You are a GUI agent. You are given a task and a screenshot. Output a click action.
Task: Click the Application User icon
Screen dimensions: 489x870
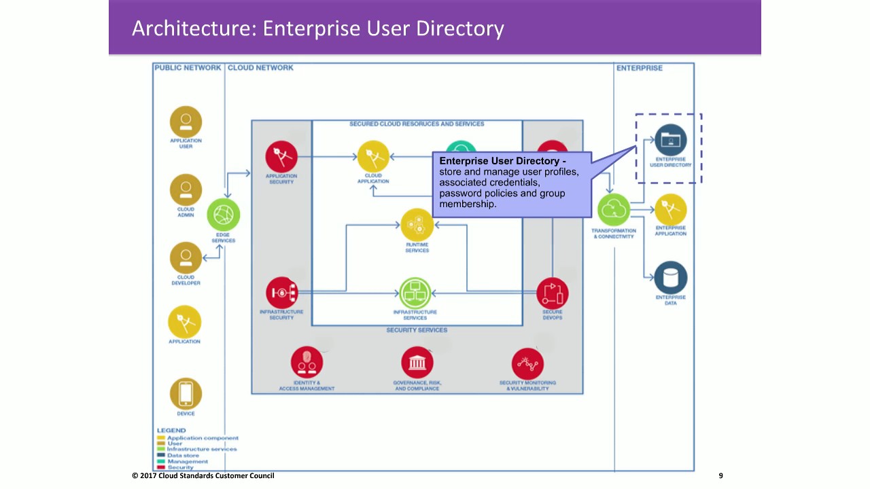point(186,122)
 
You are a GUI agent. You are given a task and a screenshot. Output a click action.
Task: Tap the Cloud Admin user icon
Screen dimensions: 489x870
point(186,189)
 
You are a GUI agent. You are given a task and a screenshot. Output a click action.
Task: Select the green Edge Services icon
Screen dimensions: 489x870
point(224,215)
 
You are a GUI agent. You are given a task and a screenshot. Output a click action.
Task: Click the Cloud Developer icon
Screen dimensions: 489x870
point(186,257)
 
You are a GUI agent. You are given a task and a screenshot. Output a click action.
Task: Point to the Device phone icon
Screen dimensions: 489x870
point(186,393)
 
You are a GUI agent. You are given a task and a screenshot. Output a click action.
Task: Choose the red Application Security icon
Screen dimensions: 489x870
point(281,157)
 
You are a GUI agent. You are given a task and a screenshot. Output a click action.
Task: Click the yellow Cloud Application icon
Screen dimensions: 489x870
point(373,156)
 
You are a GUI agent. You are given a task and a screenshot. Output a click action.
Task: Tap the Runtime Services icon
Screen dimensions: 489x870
point(417,225)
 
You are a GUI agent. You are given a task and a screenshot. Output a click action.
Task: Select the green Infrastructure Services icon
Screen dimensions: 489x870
point(415,293)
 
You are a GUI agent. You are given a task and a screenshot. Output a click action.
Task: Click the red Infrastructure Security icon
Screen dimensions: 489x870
point(281,293)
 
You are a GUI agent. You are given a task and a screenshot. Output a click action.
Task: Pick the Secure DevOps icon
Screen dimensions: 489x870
point(552,293)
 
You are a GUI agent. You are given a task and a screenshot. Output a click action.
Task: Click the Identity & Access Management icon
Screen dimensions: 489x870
point(307,363)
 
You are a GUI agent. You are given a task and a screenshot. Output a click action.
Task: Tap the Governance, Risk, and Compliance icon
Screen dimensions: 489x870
point(417,363)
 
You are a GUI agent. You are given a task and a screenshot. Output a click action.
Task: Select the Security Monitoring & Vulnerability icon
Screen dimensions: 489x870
point(527,364)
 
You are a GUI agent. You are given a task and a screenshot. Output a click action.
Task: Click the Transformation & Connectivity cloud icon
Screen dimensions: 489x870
point(614,211)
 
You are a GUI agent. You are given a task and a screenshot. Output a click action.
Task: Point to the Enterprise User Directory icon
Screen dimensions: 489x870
point(670,141)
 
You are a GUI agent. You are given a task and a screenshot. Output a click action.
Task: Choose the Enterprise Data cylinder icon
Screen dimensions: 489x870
point(670,278)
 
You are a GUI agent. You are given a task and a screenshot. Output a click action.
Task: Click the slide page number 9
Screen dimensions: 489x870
point(721,475)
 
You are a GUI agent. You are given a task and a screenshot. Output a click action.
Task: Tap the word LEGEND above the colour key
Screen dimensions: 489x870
point(171,431)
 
